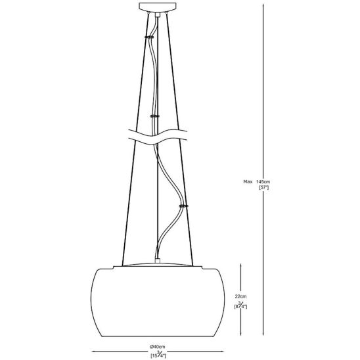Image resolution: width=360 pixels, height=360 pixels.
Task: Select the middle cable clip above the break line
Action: [155, 115]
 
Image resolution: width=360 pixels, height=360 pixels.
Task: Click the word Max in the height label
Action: [248, 181]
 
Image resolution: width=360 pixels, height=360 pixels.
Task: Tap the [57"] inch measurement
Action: [264, 188]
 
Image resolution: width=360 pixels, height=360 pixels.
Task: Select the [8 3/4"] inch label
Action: [242, 305]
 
